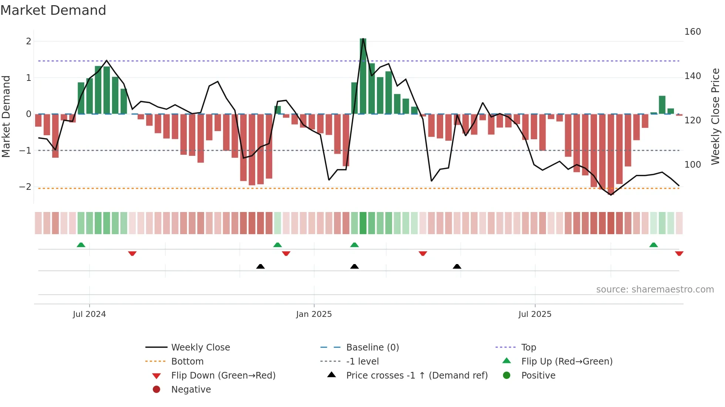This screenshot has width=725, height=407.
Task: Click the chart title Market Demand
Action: [53, 10]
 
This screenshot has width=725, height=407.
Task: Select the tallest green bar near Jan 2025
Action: [363, 76]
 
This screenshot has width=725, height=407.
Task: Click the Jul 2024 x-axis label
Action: [89, 314]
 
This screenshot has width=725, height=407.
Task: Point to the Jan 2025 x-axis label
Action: [314, 314]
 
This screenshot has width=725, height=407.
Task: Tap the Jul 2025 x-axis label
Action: [535, 314]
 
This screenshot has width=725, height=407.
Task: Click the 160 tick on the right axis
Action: [692, 32]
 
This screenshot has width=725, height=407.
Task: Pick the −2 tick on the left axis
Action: [26, 187]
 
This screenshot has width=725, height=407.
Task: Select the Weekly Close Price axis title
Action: [715, 116]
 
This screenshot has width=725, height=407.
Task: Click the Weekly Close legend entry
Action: [200, 348]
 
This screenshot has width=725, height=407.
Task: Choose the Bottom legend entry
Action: [187, 362]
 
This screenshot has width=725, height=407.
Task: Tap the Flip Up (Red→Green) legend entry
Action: [567, 362]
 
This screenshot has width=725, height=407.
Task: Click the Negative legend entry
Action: [191, 390]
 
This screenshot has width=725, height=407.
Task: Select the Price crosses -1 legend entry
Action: [417, 376]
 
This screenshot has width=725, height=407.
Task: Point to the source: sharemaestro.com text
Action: [655, 290]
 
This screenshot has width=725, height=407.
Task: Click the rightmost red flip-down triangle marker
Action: [679, 253]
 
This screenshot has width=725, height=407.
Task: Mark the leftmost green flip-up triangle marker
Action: [81, 245]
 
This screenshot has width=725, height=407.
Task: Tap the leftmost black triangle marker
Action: [260, 266]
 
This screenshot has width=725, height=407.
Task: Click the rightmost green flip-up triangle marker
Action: [653, 245]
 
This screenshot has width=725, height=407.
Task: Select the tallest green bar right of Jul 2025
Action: [662, 105]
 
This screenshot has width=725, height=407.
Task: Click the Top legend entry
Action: [528, 348]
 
